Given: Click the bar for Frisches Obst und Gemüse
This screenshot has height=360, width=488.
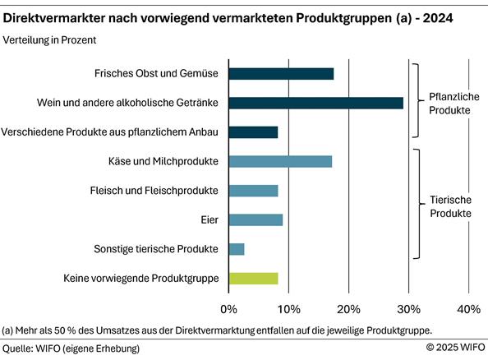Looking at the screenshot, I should [281, 74].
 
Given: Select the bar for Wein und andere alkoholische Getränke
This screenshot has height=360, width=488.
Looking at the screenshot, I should [315, 103].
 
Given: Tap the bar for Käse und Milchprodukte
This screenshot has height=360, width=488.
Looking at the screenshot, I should [280, 161].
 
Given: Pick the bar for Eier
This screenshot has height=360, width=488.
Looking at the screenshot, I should [256, 219].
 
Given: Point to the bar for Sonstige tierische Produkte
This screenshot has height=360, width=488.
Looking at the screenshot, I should [237, 249].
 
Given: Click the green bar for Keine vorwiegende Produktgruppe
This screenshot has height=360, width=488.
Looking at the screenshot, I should [253, 279].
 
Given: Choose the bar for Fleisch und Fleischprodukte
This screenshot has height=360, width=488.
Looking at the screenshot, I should [253, 191].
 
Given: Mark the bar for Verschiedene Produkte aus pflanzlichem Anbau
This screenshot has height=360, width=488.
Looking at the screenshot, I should [253, 132].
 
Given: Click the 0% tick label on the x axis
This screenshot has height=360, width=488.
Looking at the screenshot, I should [229, 309].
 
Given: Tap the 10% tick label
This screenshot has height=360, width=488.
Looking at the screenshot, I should [288, 309].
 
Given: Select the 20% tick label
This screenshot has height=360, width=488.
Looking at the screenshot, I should [348, 309].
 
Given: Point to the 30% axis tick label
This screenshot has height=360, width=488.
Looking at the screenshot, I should [408, 309].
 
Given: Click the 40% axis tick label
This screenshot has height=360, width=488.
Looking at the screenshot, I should [468, 309].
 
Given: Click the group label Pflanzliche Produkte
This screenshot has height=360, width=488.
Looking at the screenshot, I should [454, 103].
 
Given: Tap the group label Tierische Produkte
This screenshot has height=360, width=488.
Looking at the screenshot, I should [451, 205].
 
